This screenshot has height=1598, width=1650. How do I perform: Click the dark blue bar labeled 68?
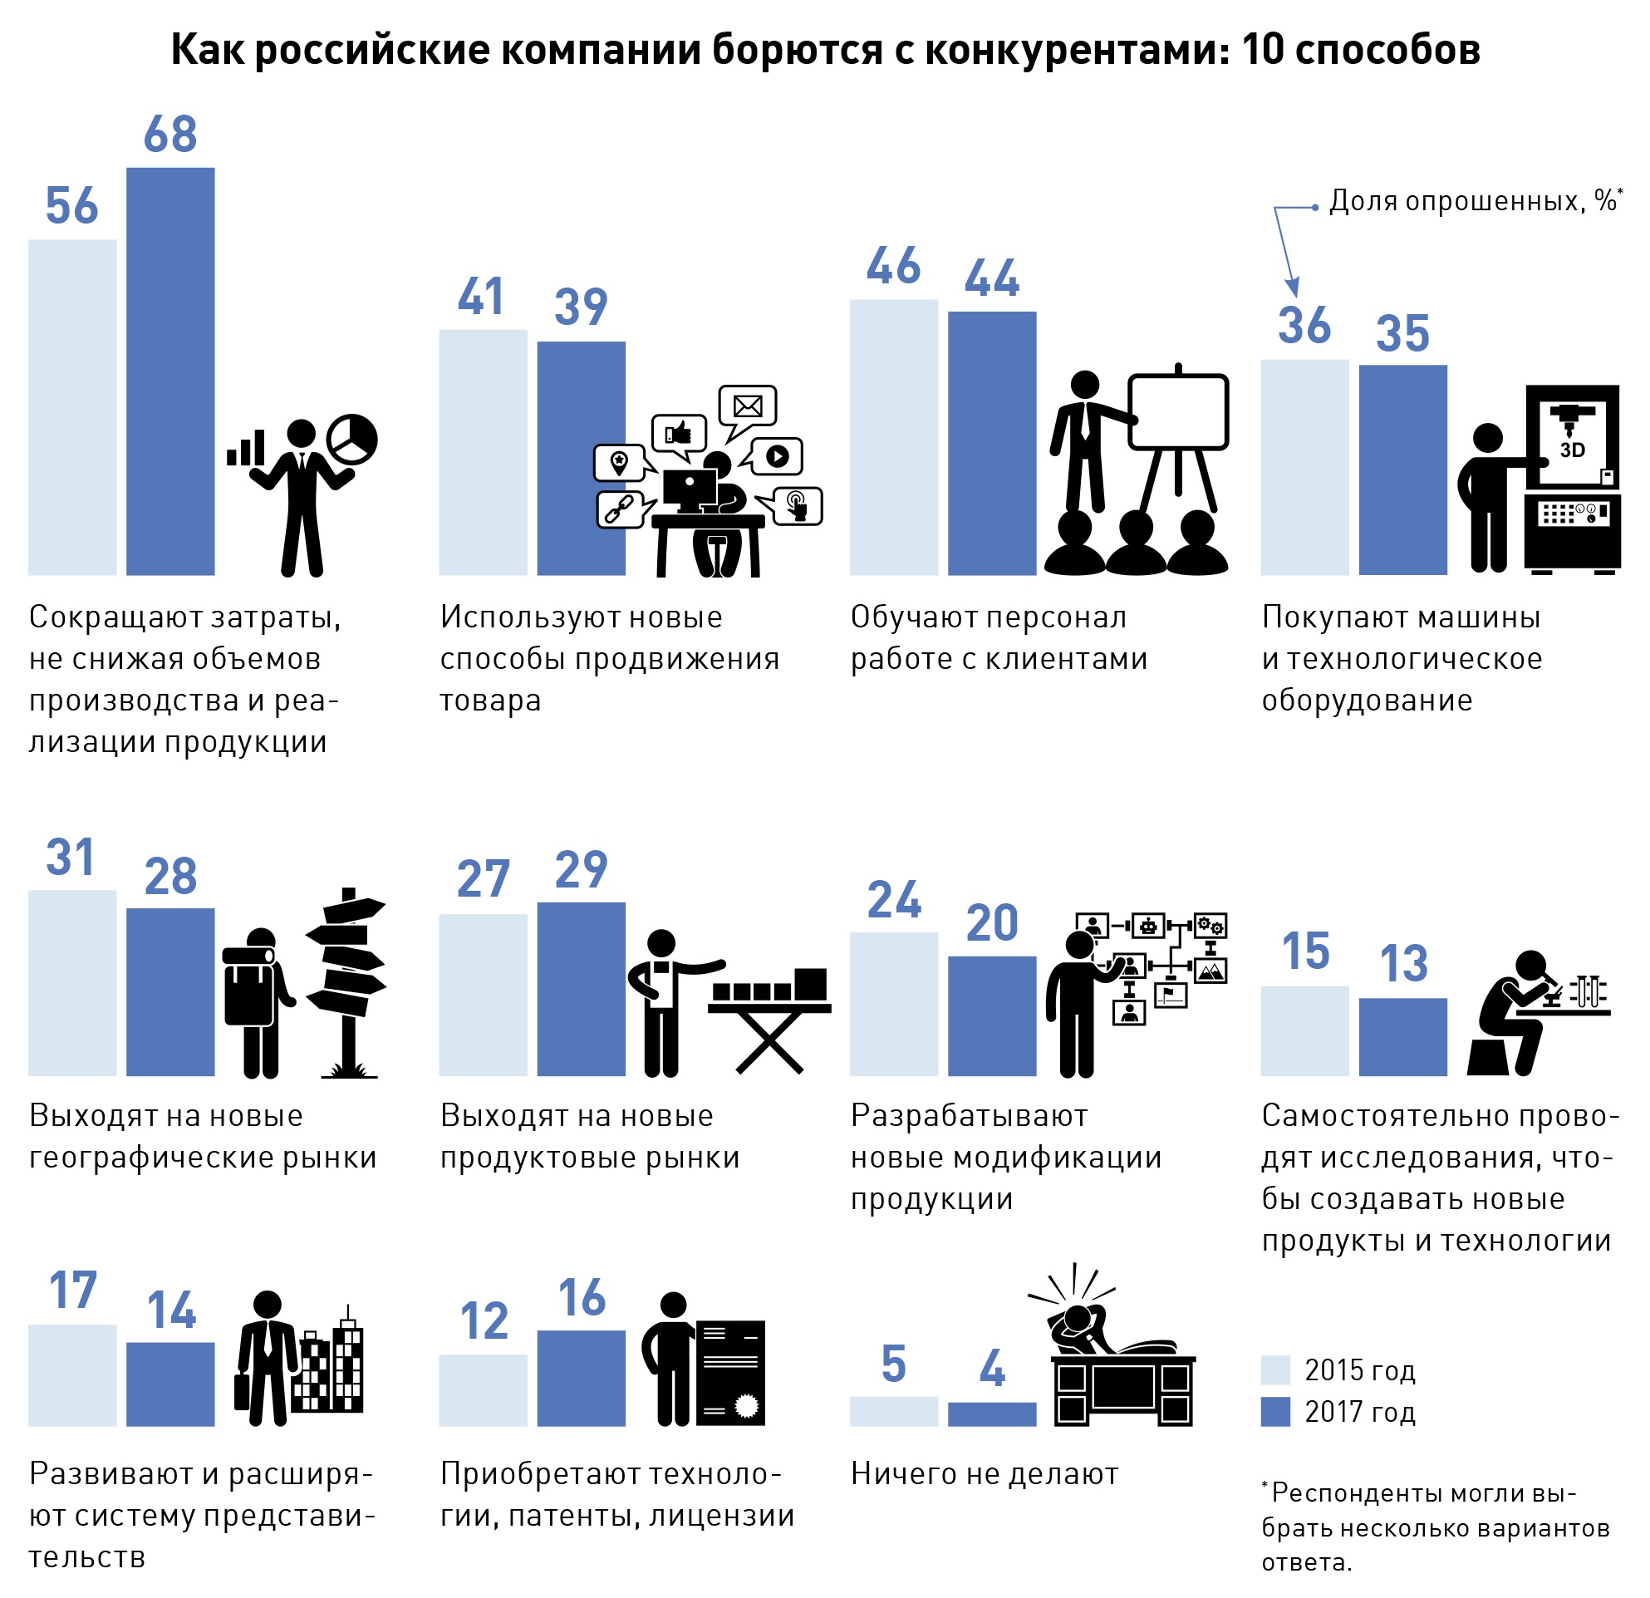click(x=170, y=371)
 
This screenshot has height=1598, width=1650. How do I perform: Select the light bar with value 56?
click(x=71, y=406)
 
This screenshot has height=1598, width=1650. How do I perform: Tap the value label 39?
click(x=581, y=307)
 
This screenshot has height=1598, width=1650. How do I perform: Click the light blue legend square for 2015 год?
click(x=1275, y=1370)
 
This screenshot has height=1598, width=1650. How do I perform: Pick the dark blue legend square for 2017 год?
click(x=1275, y=1412)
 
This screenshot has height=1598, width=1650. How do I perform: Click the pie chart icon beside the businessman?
click(x=352, y=438)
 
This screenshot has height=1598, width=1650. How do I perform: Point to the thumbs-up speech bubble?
click(x=679, y=433)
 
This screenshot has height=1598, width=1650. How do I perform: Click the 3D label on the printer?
click(x=1572, y=450)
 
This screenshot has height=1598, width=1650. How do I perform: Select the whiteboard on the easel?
click(x=1178, y=412)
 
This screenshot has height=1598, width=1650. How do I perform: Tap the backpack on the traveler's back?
click(x=248, y=989)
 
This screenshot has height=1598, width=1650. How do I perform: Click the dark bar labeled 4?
click(x=992, y=1414)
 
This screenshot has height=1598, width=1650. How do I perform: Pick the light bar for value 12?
click(x=483, y=1390)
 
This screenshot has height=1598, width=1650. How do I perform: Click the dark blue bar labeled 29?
click(x=581, y=988)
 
